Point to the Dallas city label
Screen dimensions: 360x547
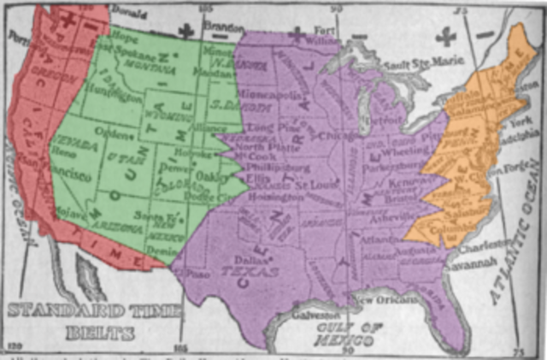coord(244,257)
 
